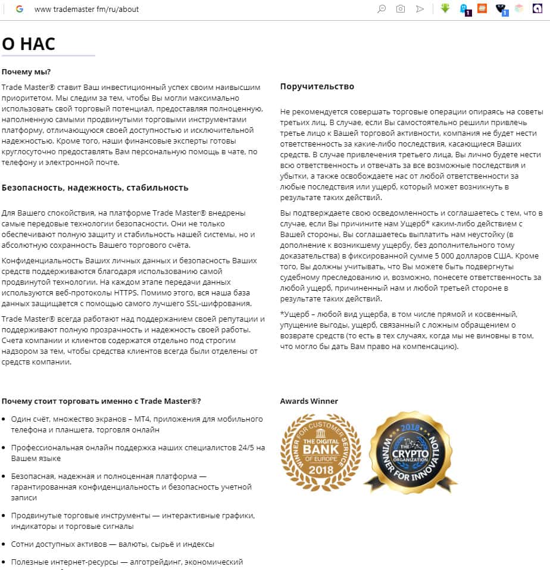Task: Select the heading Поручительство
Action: [317, 86]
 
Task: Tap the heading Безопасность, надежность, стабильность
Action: [95, 188]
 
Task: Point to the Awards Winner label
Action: [309, 401]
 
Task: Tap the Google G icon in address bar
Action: [20, 9]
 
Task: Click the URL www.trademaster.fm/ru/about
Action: [86, 10]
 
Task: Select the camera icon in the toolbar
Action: [401, 9]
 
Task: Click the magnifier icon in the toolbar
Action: [382, 9]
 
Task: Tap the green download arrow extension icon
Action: [445, 9]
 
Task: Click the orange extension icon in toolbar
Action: [482, 9]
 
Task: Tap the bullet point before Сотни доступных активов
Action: [5, 544]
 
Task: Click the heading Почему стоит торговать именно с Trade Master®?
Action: [101, 401]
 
